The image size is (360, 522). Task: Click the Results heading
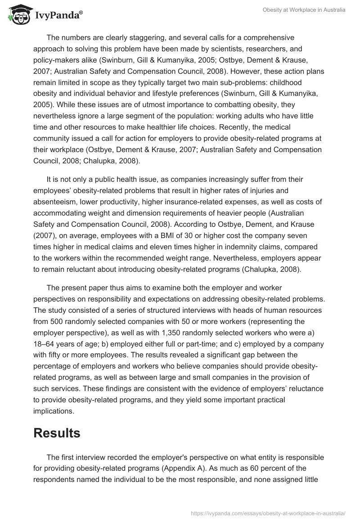click(x=57, y=432)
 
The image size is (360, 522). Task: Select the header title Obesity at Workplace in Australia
click(x=304, y=10)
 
